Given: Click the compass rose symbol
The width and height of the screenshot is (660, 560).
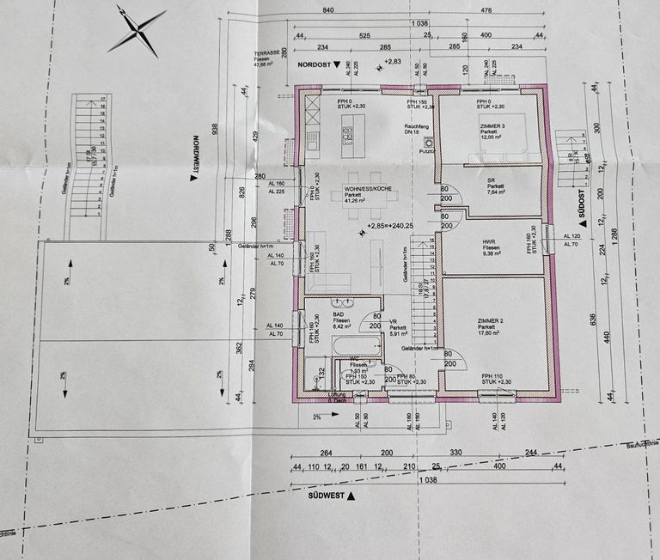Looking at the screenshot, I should [138, 29].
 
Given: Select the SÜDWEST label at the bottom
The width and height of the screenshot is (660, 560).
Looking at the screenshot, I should [326, 496].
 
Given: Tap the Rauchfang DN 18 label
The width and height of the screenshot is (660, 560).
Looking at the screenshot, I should [416, 128].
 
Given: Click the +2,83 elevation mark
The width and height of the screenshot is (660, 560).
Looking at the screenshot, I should [394, 62].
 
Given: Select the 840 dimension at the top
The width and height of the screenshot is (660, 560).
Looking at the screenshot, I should [328, 9].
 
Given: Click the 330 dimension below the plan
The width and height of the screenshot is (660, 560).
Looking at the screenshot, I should [455, 452].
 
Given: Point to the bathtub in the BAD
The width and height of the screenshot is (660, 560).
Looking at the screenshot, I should [352, 348].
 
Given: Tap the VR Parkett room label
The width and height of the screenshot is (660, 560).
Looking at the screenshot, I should [397, 327].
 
